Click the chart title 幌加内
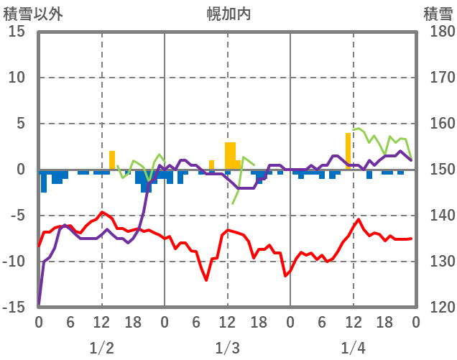tap(228, 14)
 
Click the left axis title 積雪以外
tap(28, 14)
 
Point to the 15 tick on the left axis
tap(18, 32)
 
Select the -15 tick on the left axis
tap(15, 308)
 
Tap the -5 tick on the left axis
tap(18, 216)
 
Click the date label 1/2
tap(101, 349)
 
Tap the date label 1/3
tap(228, 349)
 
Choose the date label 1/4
tap(354, 349)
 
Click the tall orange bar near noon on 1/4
tap(348, 151)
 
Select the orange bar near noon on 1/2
tap(112, 160)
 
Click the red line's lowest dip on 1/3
tap(206, 280)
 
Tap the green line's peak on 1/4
tap(358, 129)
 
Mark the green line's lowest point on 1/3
tap(233, 203)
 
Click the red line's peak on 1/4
tap(359, 219)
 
